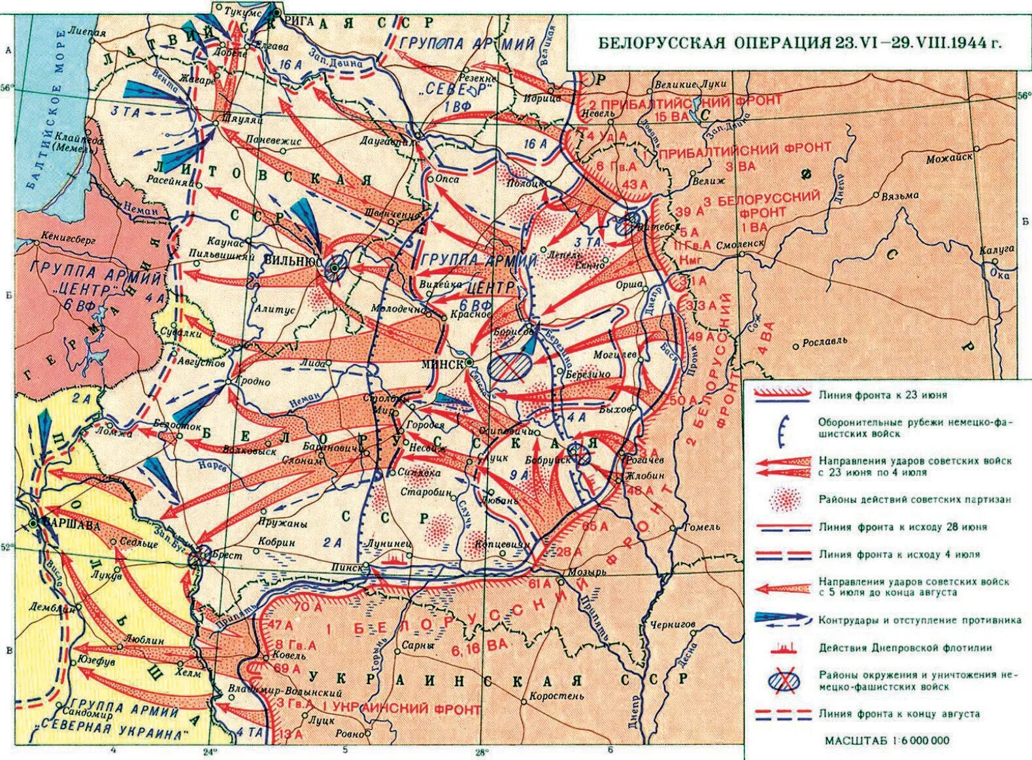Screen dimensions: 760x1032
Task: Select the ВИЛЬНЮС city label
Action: coord(290,259)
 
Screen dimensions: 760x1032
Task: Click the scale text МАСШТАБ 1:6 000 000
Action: coord(886,740)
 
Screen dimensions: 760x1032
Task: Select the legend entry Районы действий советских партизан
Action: coord(915,499)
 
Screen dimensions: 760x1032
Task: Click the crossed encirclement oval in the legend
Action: coord(782,680)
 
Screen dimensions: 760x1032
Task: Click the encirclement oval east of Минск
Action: coord(510,367)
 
